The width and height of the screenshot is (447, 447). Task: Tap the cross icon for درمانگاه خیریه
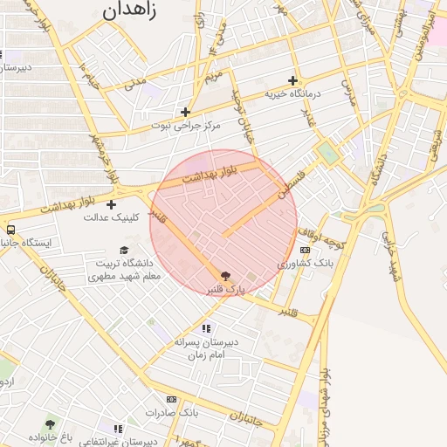click(292, 80)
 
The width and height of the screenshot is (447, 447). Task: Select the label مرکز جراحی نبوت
click(186, 126)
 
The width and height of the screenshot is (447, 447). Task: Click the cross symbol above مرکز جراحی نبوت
click(185, 112)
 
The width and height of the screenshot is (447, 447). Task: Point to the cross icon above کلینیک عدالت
click(111, 204)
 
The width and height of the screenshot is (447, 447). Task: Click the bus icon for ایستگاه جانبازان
click(10, 230)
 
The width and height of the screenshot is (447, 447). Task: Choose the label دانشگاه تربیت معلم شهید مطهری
click(126, 269)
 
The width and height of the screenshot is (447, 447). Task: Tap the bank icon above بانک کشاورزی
click(305, 251)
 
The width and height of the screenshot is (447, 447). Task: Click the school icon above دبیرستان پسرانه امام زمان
click(206, 328)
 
